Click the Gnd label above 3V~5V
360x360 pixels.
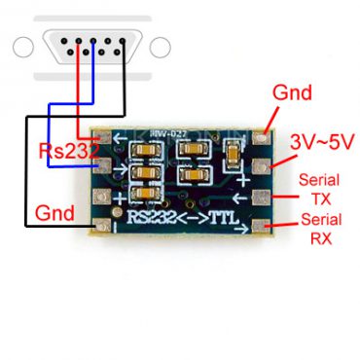point(292,93)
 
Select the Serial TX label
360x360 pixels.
point(318,190)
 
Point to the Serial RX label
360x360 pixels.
point(318,236)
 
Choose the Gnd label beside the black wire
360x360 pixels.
point(54,212)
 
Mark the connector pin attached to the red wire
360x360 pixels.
point(78,44)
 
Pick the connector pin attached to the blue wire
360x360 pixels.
point(92,44)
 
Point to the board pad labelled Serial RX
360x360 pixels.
point(261,228)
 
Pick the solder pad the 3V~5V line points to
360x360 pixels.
point(261,168)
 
